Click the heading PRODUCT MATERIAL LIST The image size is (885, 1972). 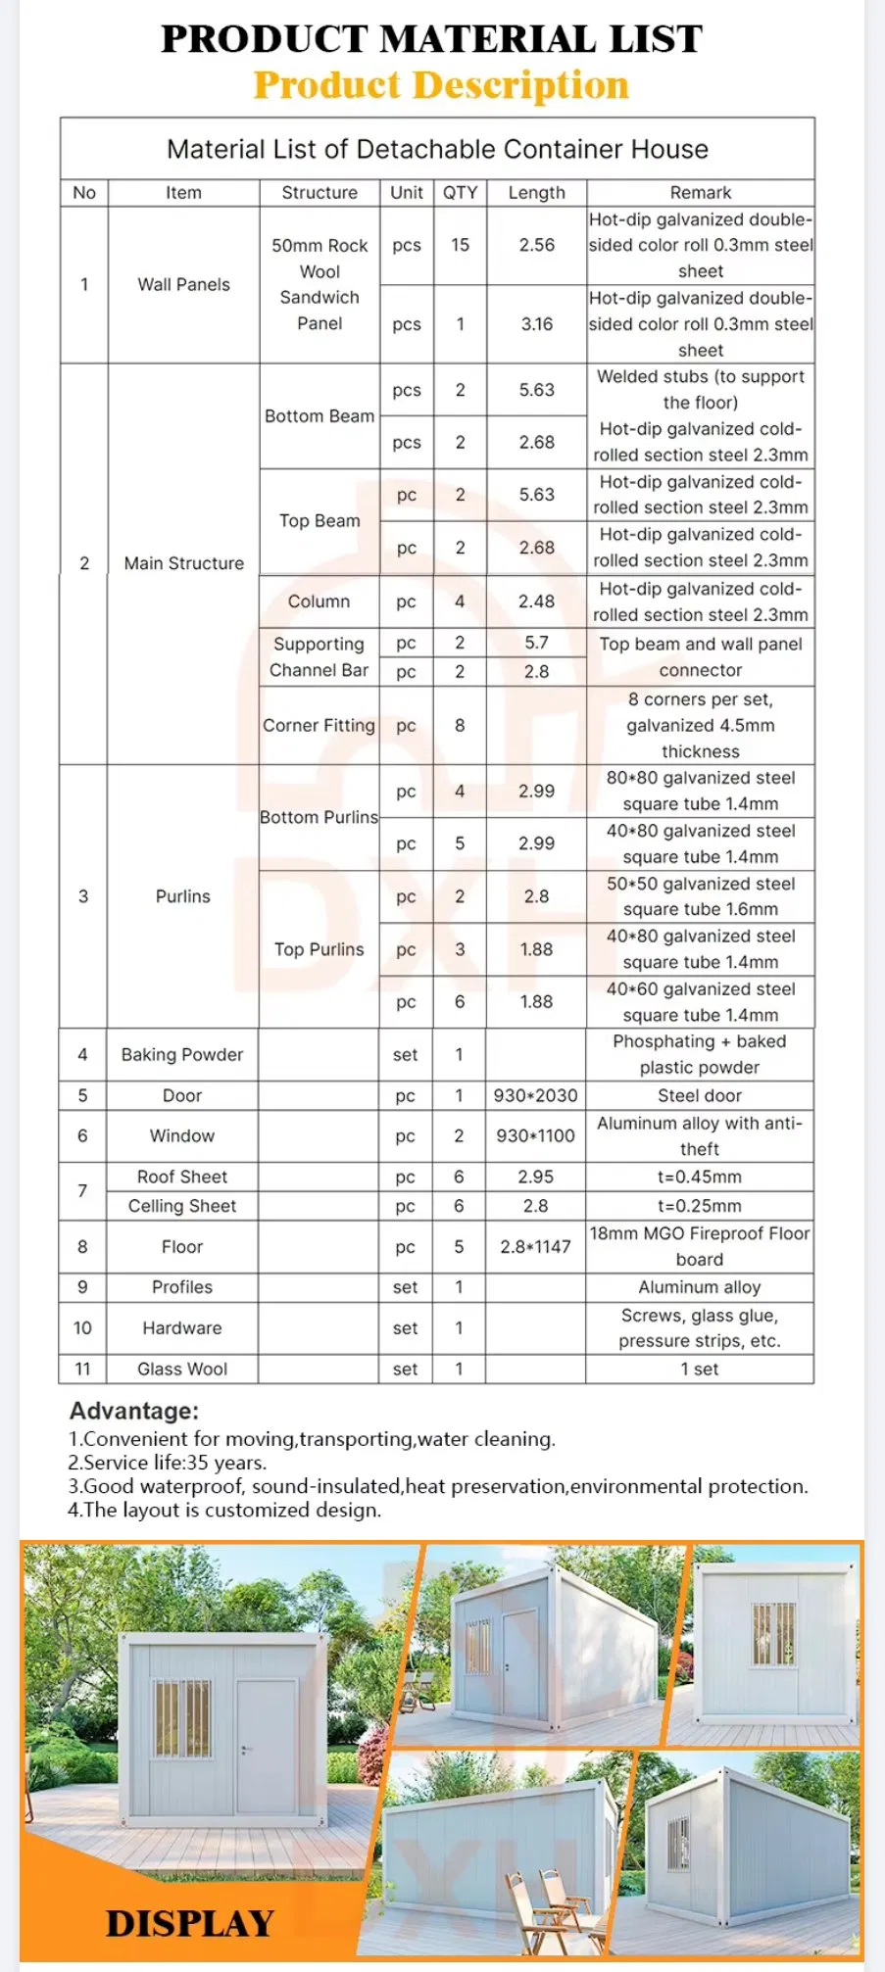(431, 39)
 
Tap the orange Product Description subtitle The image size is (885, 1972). (441, 85)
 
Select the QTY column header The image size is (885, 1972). (460, 193)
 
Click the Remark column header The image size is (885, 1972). (700, 193)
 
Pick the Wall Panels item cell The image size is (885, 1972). (183, 285)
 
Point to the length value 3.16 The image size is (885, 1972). (536, 324)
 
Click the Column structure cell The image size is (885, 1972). (319, 601)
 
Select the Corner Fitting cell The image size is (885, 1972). (319, 726)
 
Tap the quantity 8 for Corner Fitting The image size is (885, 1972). (460, 726)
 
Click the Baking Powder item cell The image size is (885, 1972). (182, 1055)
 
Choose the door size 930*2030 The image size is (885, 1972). (535, 1096)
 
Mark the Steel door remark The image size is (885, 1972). (699, 1096)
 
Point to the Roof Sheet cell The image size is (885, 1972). (182, 1178)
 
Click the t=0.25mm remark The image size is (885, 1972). (699, 1207)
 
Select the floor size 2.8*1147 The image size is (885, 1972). (535, 1247)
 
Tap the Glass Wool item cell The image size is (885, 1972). (182, 1370)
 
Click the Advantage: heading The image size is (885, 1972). (134, 1412)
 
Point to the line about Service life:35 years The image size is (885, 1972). (167, 1464)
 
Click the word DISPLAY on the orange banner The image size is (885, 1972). (190, 1923)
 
